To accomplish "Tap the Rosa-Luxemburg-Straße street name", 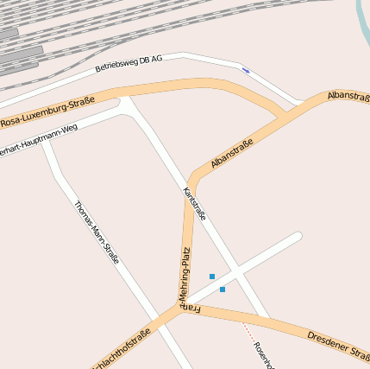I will tap(47, 111).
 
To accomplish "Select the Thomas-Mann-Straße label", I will tap(96, 232).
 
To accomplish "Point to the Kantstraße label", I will tap(195, 204).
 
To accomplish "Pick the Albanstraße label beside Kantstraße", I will tap(231, 153).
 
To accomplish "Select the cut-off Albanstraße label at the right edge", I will tap(348, 95).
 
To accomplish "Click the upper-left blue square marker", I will tap(212, 277).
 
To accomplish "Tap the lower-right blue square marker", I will tap(223, 289).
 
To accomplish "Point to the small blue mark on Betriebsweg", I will tap(245, 70).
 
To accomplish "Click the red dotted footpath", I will tap(248, 332).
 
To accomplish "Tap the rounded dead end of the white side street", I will tap(297, 237).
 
